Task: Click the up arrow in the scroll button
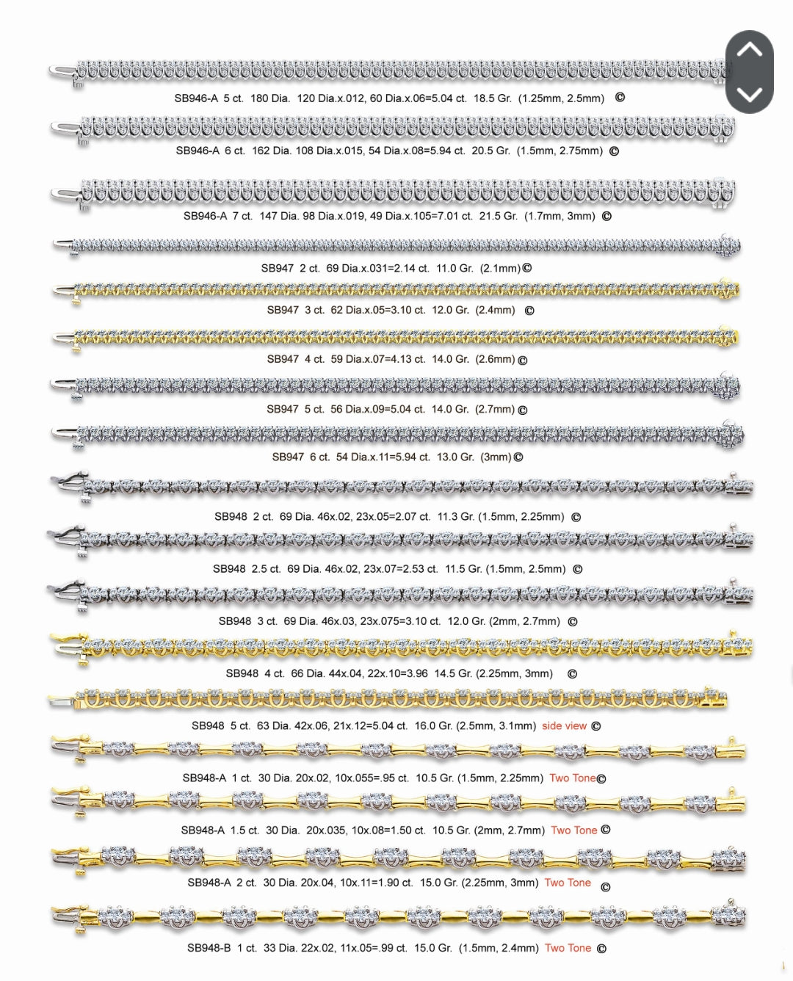coord(749,51)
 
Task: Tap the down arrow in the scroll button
coord(749,94)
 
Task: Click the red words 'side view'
coord(564,726)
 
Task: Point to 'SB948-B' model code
coord(209,948)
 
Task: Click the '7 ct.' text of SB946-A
coord(242,217)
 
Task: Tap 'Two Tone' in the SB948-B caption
coord(568,948)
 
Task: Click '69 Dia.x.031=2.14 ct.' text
coord(377,269)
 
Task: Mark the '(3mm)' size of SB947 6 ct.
coord(496,457)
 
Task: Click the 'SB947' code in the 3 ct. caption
coord(283,311)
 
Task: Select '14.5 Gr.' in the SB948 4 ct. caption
coord(453,674)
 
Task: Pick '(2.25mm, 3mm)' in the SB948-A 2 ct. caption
coord(499,883)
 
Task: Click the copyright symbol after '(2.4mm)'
coord(529,311)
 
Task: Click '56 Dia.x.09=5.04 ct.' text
coord(377,410)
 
